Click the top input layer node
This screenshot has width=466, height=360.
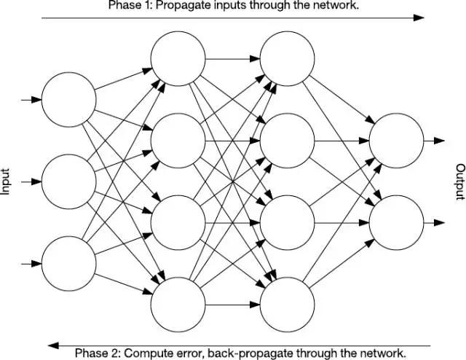(68, 100)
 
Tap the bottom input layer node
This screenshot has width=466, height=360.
(68, 262)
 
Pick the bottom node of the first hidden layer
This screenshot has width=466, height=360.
(178, 304)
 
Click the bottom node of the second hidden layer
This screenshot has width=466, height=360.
(287, 304)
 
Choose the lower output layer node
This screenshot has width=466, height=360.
(396, 222)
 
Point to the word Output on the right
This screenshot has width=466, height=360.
(460, 181)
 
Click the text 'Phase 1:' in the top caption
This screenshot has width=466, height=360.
(127, 5)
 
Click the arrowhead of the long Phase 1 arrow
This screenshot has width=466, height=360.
(420, 16)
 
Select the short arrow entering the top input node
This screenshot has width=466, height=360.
(31, 100)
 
